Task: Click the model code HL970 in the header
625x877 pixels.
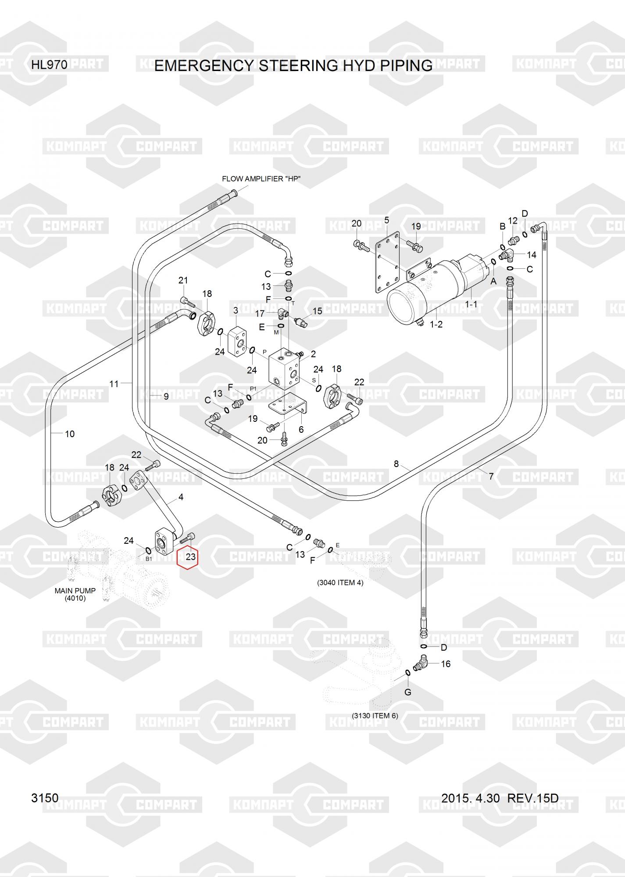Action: pyautogui.click(x=49, y=65)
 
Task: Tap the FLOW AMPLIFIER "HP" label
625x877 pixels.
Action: pyautogui.click(x=261, y=179)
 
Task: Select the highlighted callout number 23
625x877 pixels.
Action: pyautogui.click(x=190, y=557)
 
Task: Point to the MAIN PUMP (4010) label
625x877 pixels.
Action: pyautogui.click(x=75, y=594)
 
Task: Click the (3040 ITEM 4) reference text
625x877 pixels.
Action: pyautogui.click(x=340, y=583)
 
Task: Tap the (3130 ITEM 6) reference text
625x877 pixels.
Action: pyautogui.click(x=375, y=716)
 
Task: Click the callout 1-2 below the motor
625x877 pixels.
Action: pyautogui.click(x=436, y=324)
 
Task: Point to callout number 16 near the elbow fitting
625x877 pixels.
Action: pyautogui.click(x=445, y=664)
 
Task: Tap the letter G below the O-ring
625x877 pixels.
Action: pyautogui.click(x=407, y=692)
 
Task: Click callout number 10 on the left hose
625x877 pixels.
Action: pyautogui.click(x=70, y=434)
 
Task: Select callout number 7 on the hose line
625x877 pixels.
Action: pyautogui.click(x=491, y=476)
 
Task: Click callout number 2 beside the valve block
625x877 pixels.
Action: pyautogui.click(x=313, y=354)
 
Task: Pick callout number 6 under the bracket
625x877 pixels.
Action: pyautogui.click(x=301, y=430)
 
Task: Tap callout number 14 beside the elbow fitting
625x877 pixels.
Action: pyautogui.click(x=531, y=255)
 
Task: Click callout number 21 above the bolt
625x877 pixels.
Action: pyautogui.click(x=183, y=280)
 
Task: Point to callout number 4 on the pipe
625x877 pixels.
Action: pyautogui.click(x=181, y=497)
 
